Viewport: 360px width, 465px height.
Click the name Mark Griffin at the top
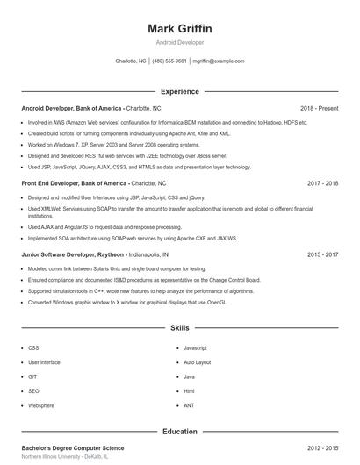pyautogui.click(x=180, y=28)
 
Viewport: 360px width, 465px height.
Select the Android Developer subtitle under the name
pyautogui.click(x=180, y=42)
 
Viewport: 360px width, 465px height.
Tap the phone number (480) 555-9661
pyautogui.click(x=169, y=61)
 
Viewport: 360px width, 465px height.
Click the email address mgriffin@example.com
pyautogui.click(x=219, y=61)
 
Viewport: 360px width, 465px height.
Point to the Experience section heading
pyautogui.click(x=180, y=91)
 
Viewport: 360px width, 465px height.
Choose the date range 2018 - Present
pyautogui.click(x=320, y=108)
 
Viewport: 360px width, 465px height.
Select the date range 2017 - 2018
pyautogui.click(x=323, y=184)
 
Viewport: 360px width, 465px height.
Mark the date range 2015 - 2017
pyautogui.click(x=323, y=254)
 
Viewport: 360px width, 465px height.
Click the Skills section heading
pyautogui.click(x=180, y=328)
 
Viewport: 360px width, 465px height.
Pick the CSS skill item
pyautogui.click(x=33, y=347)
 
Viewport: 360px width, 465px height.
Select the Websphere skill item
pyautogui.click(x=41, y=405)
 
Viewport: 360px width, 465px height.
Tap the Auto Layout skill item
pyautogui.click(x=197, y=362)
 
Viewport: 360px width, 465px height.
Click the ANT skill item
pyautogui.click(x=189, y=405)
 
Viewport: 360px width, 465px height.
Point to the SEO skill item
pyautogui.click(x=33, y=391)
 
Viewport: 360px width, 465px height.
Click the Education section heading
pyautogui.click(x=180, y=432)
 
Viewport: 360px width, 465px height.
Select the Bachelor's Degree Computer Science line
pyautogui.click(x=73, y=448)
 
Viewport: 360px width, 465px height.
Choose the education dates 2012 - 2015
pyautogui.click(x=323, y=448)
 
